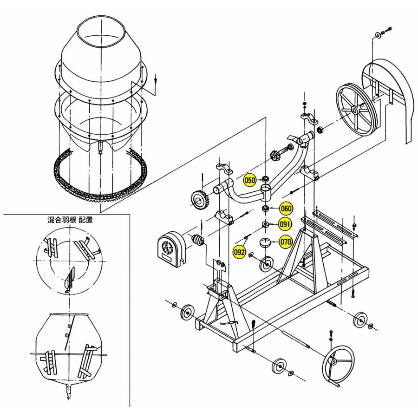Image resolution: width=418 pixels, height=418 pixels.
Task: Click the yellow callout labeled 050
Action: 250,181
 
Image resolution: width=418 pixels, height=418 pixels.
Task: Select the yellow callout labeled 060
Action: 286,208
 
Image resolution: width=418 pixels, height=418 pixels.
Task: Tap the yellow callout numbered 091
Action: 285,224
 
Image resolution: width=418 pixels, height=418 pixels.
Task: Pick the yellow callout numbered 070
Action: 286,242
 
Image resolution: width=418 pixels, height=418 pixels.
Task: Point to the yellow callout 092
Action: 239,252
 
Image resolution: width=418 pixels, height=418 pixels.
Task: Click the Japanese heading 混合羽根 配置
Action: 70,220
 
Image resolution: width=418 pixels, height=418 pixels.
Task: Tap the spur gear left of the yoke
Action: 200,200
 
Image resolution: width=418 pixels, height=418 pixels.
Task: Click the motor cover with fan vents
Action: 170,249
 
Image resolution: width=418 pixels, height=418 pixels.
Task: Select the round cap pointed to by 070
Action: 265,243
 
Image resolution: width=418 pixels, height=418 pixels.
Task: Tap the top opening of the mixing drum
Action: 101,32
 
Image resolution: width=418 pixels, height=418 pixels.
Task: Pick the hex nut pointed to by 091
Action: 265,224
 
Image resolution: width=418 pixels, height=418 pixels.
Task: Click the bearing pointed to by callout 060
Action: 265,209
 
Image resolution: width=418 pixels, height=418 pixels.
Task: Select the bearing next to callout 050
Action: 265,178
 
